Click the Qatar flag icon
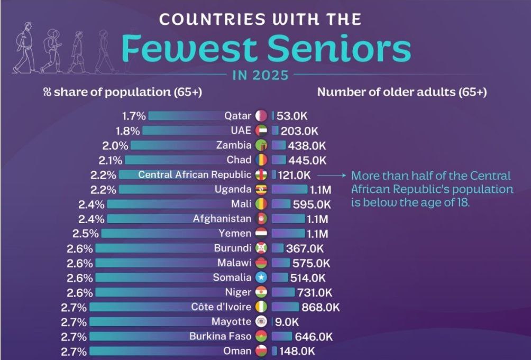261,116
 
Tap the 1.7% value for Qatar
134,116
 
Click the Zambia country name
234,145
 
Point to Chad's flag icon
261,160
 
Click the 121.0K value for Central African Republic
294,175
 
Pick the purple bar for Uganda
289,189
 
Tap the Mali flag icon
261,204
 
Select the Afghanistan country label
222,219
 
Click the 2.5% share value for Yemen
87,234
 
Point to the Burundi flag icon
261,248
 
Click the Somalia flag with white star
261,278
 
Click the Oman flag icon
261,350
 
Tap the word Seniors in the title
338,49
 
